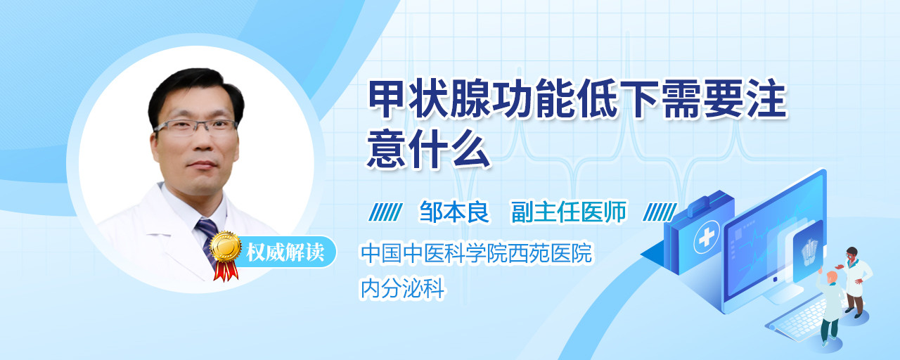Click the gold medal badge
pyautogui.click(x=226, y=247)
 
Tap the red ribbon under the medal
pyautogui.click(x=226, y=271)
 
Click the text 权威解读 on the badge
pyautogui.click(x=285, y=252)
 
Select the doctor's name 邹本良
pyautogui.click(x=454, y=212)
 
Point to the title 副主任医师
pyautogui.click(x=569, y=212)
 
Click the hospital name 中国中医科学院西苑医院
pyautogui.click(x=476, y=252)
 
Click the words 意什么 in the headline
pyautogui.click(x=429, y=150)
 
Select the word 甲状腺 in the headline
pyautogui.click(x=429, y=99)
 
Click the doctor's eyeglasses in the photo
pyautogui.click(x=195, y=127)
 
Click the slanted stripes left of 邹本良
pyautogui.click(x=385, y=212)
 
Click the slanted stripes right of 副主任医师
pyautogui.click(x=660, y=212)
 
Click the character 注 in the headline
pyautogui.click(x=766, y=99)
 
